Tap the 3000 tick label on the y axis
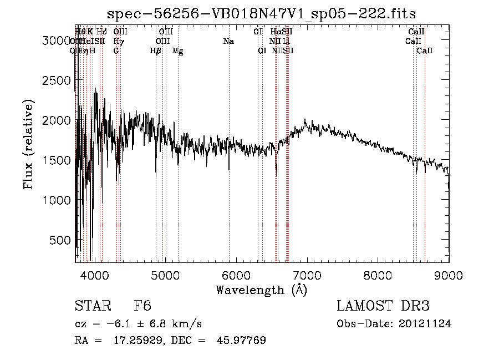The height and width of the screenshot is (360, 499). coord(56,40)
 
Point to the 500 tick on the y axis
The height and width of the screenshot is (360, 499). coord(60,240)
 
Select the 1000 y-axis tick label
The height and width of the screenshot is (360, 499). coord(56,200)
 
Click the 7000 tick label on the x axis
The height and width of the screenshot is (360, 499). coord(308,275)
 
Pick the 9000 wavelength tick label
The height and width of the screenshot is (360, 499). coord(449,275)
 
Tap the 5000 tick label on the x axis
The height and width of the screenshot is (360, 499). coord(166,275)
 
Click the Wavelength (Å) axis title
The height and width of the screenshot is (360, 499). coord(261,290)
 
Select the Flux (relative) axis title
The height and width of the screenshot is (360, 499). coord(28,145)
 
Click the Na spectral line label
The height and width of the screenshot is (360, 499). coord(228,42)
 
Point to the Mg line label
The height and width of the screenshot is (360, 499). coord(177,51)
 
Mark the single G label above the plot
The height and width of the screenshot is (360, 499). coord(116,50)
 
